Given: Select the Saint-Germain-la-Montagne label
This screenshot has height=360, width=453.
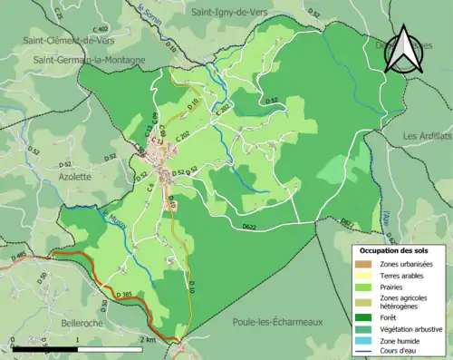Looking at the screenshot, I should pyautogui.click(x=89, y=60).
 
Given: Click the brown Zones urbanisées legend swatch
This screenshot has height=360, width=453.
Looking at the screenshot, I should pyautogui.click(x=367, y=264).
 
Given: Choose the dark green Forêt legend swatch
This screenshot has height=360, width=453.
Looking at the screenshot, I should pyautogui.click(x=367, y=316).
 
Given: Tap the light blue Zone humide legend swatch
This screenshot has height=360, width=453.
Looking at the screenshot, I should pyautogui.click(x=367, y=342).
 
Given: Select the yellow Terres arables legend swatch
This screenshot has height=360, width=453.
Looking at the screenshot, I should pyautogui.click(x=367, y=277).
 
